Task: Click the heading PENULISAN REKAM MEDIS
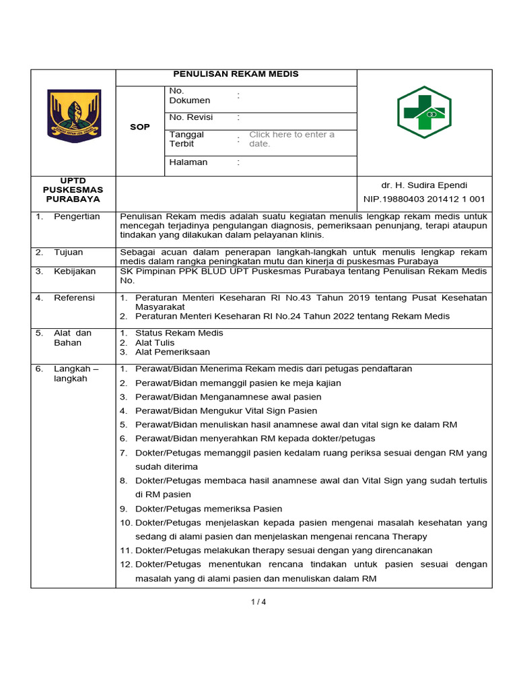point(236,74)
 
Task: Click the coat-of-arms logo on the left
point(73,116)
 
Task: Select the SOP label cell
point(140,127)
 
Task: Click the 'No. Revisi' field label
point(191,117)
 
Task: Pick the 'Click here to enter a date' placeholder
point(291,139)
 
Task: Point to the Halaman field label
point(188,162)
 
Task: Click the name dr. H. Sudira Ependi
point(424,185)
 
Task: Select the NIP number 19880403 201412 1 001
point(424,199)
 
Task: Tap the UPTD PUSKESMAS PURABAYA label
point(73,190)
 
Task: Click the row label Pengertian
point(77,216)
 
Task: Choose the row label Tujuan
point(69,252)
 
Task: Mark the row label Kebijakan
point(75,271)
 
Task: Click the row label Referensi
point(74,297)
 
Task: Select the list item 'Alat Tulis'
point(155,342)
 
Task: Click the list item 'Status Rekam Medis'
point(179,333)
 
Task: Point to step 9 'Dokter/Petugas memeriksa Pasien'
point(209,509)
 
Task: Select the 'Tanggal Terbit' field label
point(186,139)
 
